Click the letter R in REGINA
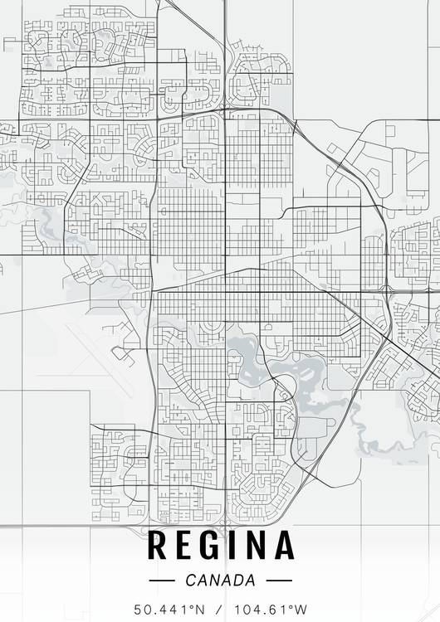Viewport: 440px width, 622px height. (158, 546)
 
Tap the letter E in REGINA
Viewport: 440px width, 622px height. (187, 546)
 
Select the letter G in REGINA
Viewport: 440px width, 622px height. (215, 546)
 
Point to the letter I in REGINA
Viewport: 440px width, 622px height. (238, 546)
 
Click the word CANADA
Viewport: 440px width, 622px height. (221, 580)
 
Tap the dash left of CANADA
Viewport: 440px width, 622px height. (161, 581)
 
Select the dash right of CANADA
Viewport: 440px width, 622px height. (280, 581)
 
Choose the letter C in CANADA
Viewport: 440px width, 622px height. (192, 580)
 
